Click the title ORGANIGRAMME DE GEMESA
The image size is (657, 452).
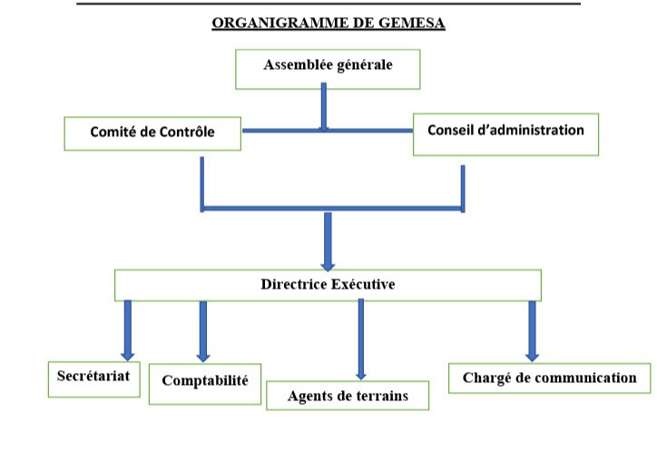(x=328, y=24)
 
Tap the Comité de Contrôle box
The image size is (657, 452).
(x=152, y=133)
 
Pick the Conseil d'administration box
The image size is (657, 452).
(x=505, y=131)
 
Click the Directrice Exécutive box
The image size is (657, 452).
(x=328, y=285)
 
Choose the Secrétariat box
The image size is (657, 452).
(x=94, y=378)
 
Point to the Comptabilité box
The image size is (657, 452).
(x=204, y=381)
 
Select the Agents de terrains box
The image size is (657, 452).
(x=348, y=396)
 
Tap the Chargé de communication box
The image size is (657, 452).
(x=549, y=378)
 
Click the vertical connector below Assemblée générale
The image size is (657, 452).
(x=323, y=107)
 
